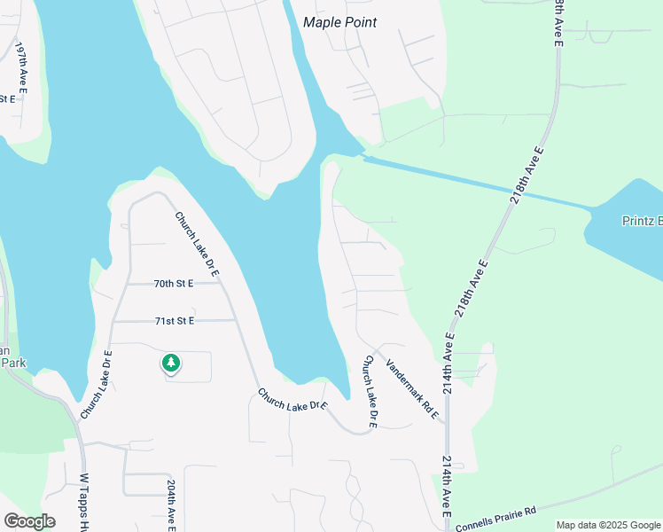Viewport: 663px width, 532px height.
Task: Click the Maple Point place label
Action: click(x=339, y=22)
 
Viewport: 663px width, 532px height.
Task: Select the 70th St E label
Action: click(x=173, y=284)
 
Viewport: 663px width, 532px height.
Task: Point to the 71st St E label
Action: click(x=174, y=320)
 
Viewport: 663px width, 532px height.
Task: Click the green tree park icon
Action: click(x=170, y=363)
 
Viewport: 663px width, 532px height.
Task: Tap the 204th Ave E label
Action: click(x=171, y=505)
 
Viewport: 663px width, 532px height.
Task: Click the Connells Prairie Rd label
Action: click(x=496, y=520)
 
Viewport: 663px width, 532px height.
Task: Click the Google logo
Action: click(x=29, y=521)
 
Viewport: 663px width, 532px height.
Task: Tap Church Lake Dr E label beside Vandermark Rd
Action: click(x=369, y=392)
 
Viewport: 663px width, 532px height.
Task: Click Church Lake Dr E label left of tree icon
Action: click(x=96, y=385)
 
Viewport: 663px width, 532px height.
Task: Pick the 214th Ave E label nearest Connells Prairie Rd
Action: click(x=445, y=488)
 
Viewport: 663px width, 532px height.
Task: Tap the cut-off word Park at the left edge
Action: click(x=12, y=362)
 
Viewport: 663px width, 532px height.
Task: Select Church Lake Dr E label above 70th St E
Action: click(x=196, y=244)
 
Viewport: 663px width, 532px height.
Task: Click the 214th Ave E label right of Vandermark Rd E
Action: click(x=448, y=364)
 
